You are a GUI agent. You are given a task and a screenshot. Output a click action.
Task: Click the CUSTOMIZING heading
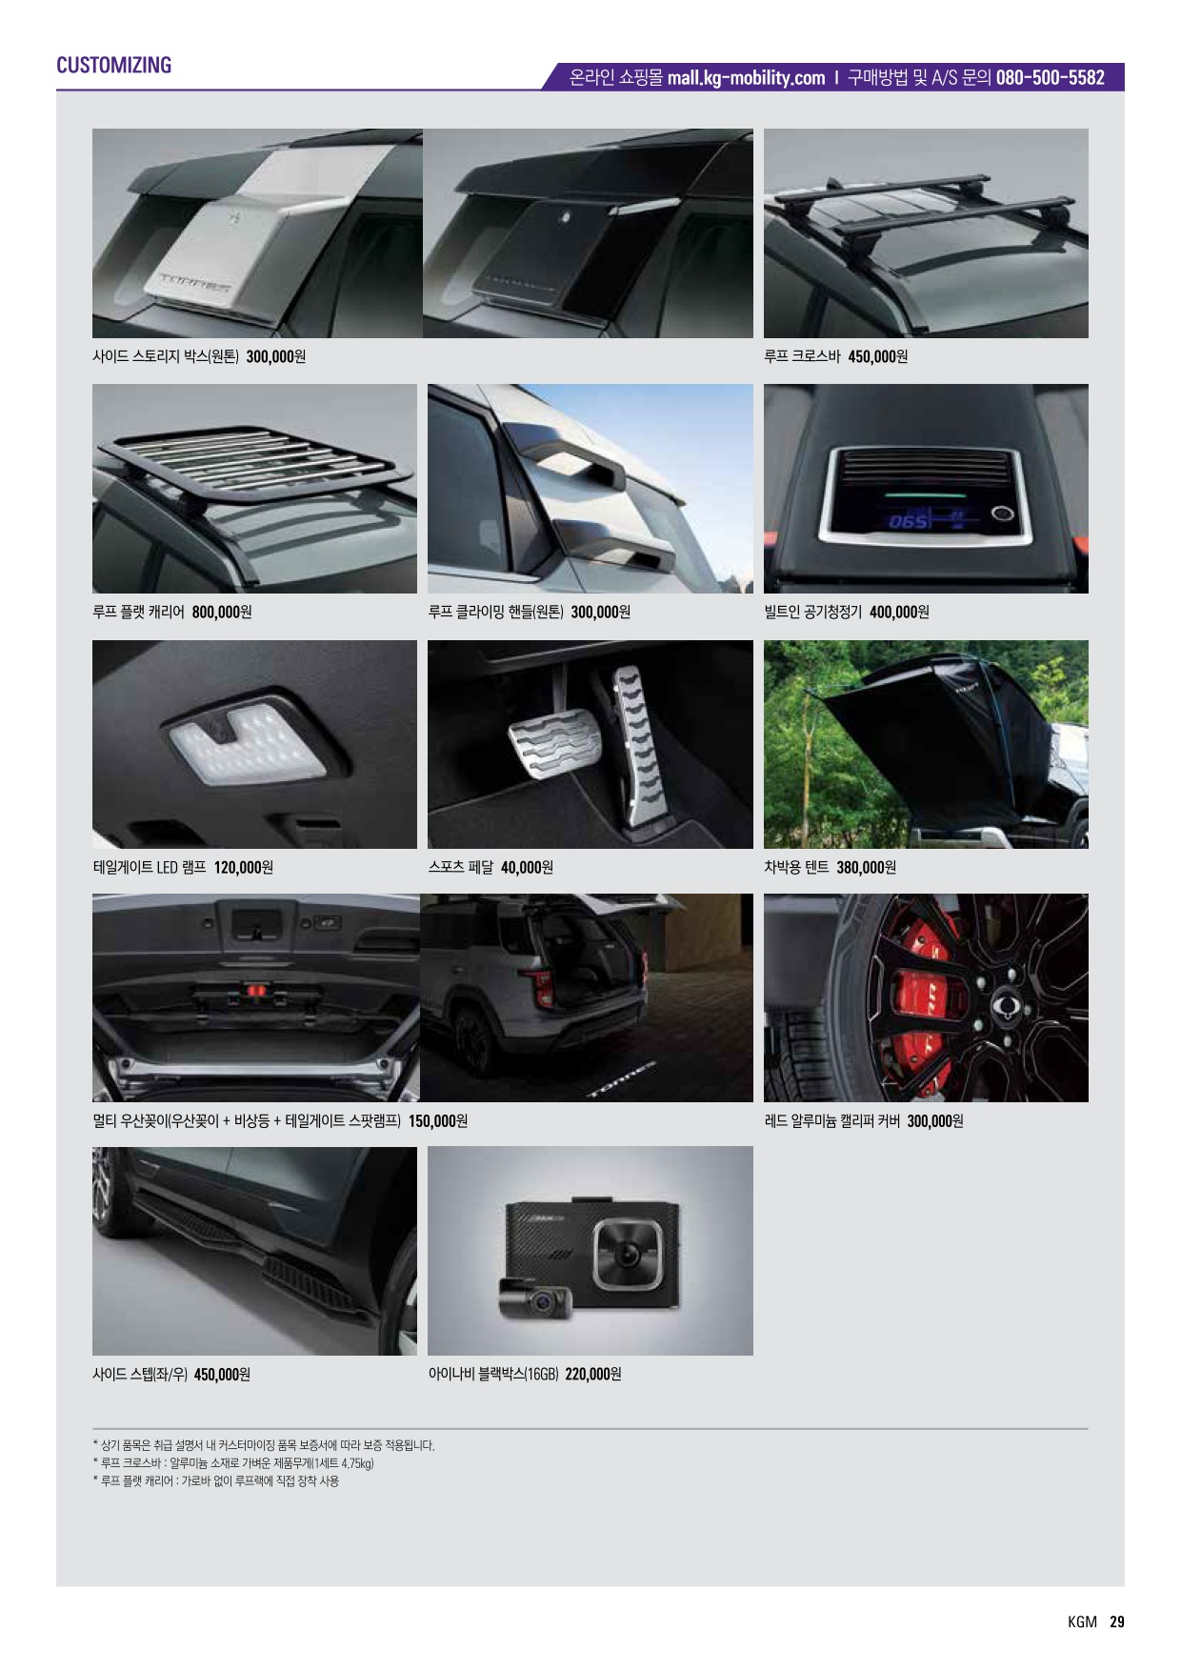(x=113, y=65)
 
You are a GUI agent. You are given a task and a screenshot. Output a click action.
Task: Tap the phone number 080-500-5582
(x=1050, y=78)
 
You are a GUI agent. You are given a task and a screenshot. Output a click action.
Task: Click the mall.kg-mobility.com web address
(x=746, y=78)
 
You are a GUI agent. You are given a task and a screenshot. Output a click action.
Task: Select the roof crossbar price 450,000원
(x=877, y=356)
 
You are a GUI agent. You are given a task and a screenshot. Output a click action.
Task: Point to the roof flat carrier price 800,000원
(x=222, y=612)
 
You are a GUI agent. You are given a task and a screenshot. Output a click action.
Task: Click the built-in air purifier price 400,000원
(x=899, y=612)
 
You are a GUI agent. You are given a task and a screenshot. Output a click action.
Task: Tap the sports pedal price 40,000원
(x=527, y=867)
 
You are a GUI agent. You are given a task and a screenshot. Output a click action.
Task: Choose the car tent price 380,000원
(x=866, y=867)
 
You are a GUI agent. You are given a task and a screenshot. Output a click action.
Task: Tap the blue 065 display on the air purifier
(x=908, y=522)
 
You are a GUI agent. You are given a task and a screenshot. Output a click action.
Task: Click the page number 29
(x=1117, y=1621)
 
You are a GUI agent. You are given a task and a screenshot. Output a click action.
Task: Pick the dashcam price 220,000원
(x=592, y=1374)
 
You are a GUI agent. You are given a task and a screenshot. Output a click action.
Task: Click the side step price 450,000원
(x=222, y=1374)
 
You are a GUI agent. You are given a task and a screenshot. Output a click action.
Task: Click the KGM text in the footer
(x=1082, y=1621)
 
